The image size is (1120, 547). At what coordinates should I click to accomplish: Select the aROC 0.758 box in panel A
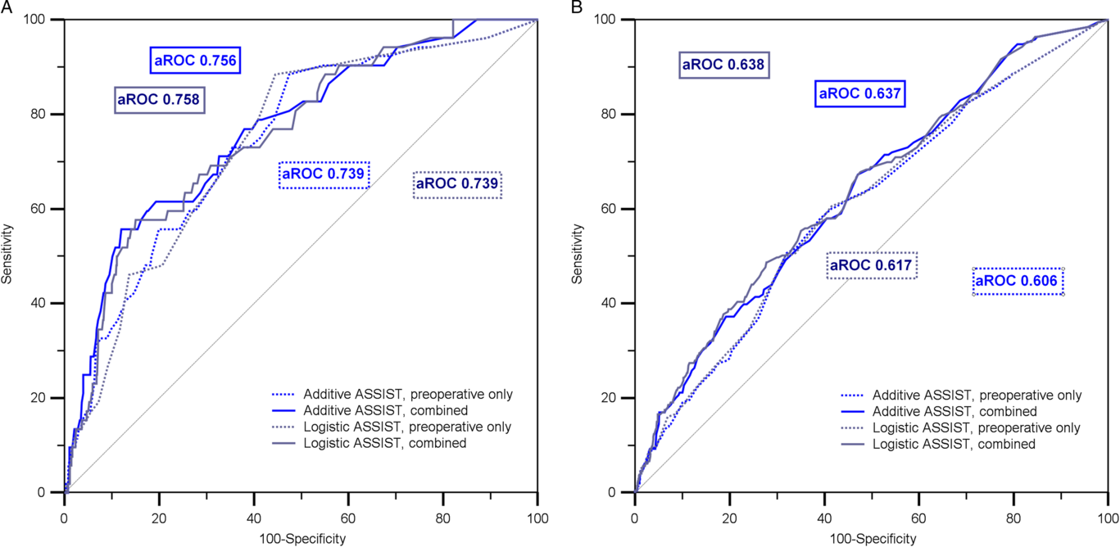coord(160,100)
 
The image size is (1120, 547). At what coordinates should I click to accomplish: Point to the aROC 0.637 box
coord(859,94)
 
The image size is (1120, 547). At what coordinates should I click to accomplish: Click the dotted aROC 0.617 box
coord(871,265)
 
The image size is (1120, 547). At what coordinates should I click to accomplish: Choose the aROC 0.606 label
coord(1018,281)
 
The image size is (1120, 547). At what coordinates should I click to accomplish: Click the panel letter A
coord(6,7)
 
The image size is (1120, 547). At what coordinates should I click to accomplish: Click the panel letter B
coord(577,7)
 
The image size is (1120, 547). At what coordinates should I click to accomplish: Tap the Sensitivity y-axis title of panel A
coord(7,255)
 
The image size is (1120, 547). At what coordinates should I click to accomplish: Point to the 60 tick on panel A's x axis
coord(348,519)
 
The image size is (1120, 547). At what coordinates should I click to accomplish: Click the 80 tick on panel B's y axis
coord(610,114)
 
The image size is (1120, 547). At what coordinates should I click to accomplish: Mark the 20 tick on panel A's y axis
coord(39,398)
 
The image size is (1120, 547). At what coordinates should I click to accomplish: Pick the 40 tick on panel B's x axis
coord(823,519)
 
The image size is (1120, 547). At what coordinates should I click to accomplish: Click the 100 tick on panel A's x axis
coord(537,519)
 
